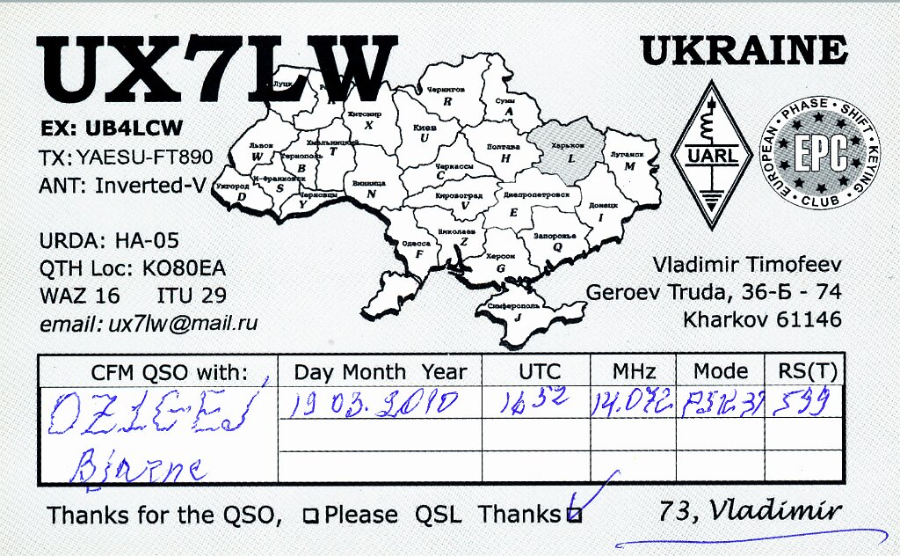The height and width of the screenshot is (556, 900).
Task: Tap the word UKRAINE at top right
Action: (x=744, y=51)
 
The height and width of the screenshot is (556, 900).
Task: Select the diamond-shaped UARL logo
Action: (x=710, y=155)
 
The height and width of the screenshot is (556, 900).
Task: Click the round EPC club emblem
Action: (x=820, y=153)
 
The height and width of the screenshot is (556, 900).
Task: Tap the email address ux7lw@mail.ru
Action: (x=183, y=323)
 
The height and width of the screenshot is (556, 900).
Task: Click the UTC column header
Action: (x=533, y=371)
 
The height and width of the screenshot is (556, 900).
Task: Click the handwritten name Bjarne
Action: (x=141, y=464)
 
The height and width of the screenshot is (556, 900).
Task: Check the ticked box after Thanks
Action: (x=574, y=516)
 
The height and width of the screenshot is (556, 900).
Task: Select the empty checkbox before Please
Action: (x=310, y=516)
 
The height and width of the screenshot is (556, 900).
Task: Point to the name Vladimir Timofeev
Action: (x=746, y=264)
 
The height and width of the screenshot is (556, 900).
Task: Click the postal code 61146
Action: (x=809, y=319)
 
